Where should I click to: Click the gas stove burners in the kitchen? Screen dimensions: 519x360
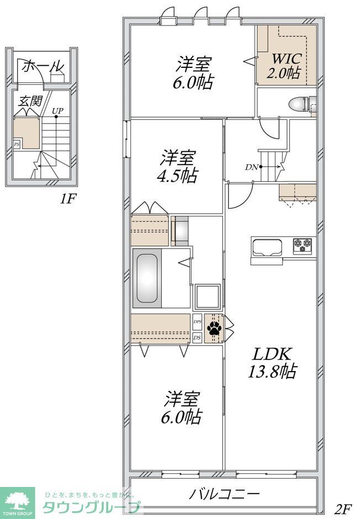[302, 246]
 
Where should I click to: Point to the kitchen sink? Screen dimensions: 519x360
[267, 246]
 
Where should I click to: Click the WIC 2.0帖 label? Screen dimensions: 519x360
[285, 66]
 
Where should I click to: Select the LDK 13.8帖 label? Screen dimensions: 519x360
[272, 363]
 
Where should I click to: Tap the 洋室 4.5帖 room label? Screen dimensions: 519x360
[177, 167]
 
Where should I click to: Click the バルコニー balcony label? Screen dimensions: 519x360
[224, 494]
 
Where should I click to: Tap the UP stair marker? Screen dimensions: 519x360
[57, 111]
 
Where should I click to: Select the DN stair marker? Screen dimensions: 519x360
[251, 167]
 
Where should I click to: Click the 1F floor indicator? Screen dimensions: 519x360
[67, 199]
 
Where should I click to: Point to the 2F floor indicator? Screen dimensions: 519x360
[342, 509]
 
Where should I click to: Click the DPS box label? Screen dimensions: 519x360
[197, 321]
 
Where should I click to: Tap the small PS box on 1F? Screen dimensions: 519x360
[17, 144]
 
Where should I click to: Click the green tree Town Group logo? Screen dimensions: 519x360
[19, 502]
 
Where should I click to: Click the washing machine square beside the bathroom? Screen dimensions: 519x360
[208, 297]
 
